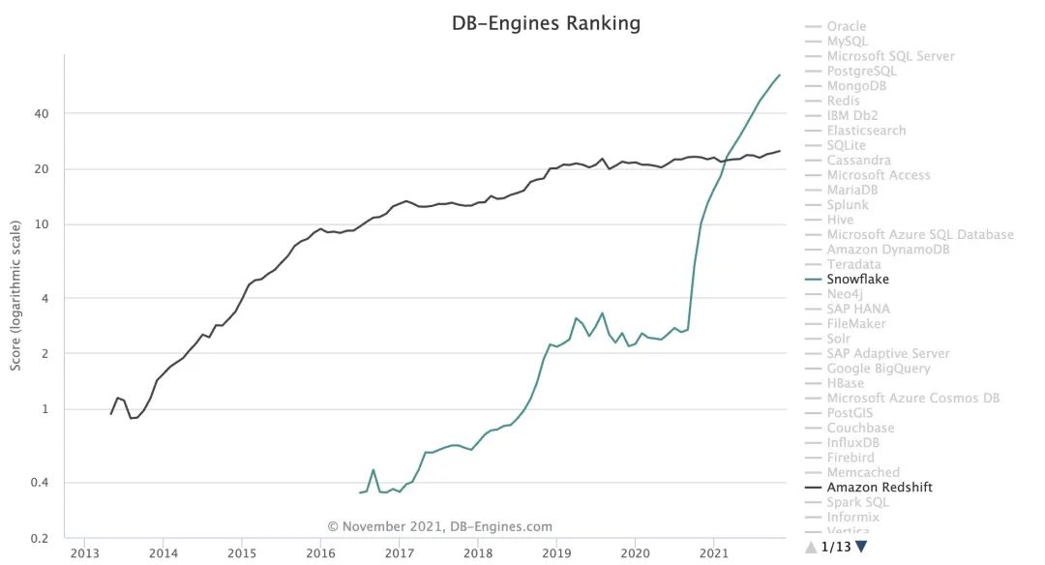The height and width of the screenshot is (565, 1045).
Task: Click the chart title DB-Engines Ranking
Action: click(x=546, y=23)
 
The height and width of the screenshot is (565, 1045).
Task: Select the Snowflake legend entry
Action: click(x=857, y=280)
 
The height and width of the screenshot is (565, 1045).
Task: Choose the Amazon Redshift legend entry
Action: click(x=880, y=488)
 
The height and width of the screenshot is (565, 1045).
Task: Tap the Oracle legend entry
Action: click(x=846, y=26)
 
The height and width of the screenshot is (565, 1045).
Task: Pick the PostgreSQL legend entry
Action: click(x=861, y=71)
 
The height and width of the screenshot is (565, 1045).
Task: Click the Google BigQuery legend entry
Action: click(x=878, y=369)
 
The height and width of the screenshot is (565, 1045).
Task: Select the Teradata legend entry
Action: click(x=853, y=264)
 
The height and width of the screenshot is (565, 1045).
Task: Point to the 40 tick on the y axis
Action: click(x=43, y=114)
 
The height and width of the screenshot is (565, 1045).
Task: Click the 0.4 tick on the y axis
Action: click(x=40, y=483)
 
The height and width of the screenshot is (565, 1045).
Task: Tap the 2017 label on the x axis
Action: click(x=399, y=554)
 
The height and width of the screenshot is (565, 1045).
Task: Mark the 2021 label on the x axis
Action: click(x=713, y=554)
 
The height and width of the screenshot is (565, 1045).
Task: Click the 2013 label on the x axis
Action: click(x=85, y=554)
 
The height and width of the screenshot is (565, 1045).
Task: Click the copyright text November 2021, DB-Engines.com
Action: click(x=440, y=527)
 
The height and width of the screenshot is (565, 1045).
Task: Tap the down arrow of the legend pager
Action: click(x=861, y=547)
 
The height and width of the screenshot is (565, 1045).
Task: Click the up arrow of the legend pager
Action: click(x=811, y=547)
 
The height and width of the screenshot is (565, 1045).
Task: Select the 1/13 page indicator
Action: click(x=836, y=547)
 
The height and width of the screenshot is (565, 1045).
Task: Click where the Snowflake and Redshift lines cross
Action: click(x=726, y=159)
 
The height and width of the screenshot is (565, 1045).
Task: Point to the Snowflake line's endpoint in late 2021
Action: click(x=780, y=74)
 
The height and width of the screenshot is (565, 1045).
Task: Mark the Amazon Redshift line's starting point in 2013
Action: click(x=111, y=414)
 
